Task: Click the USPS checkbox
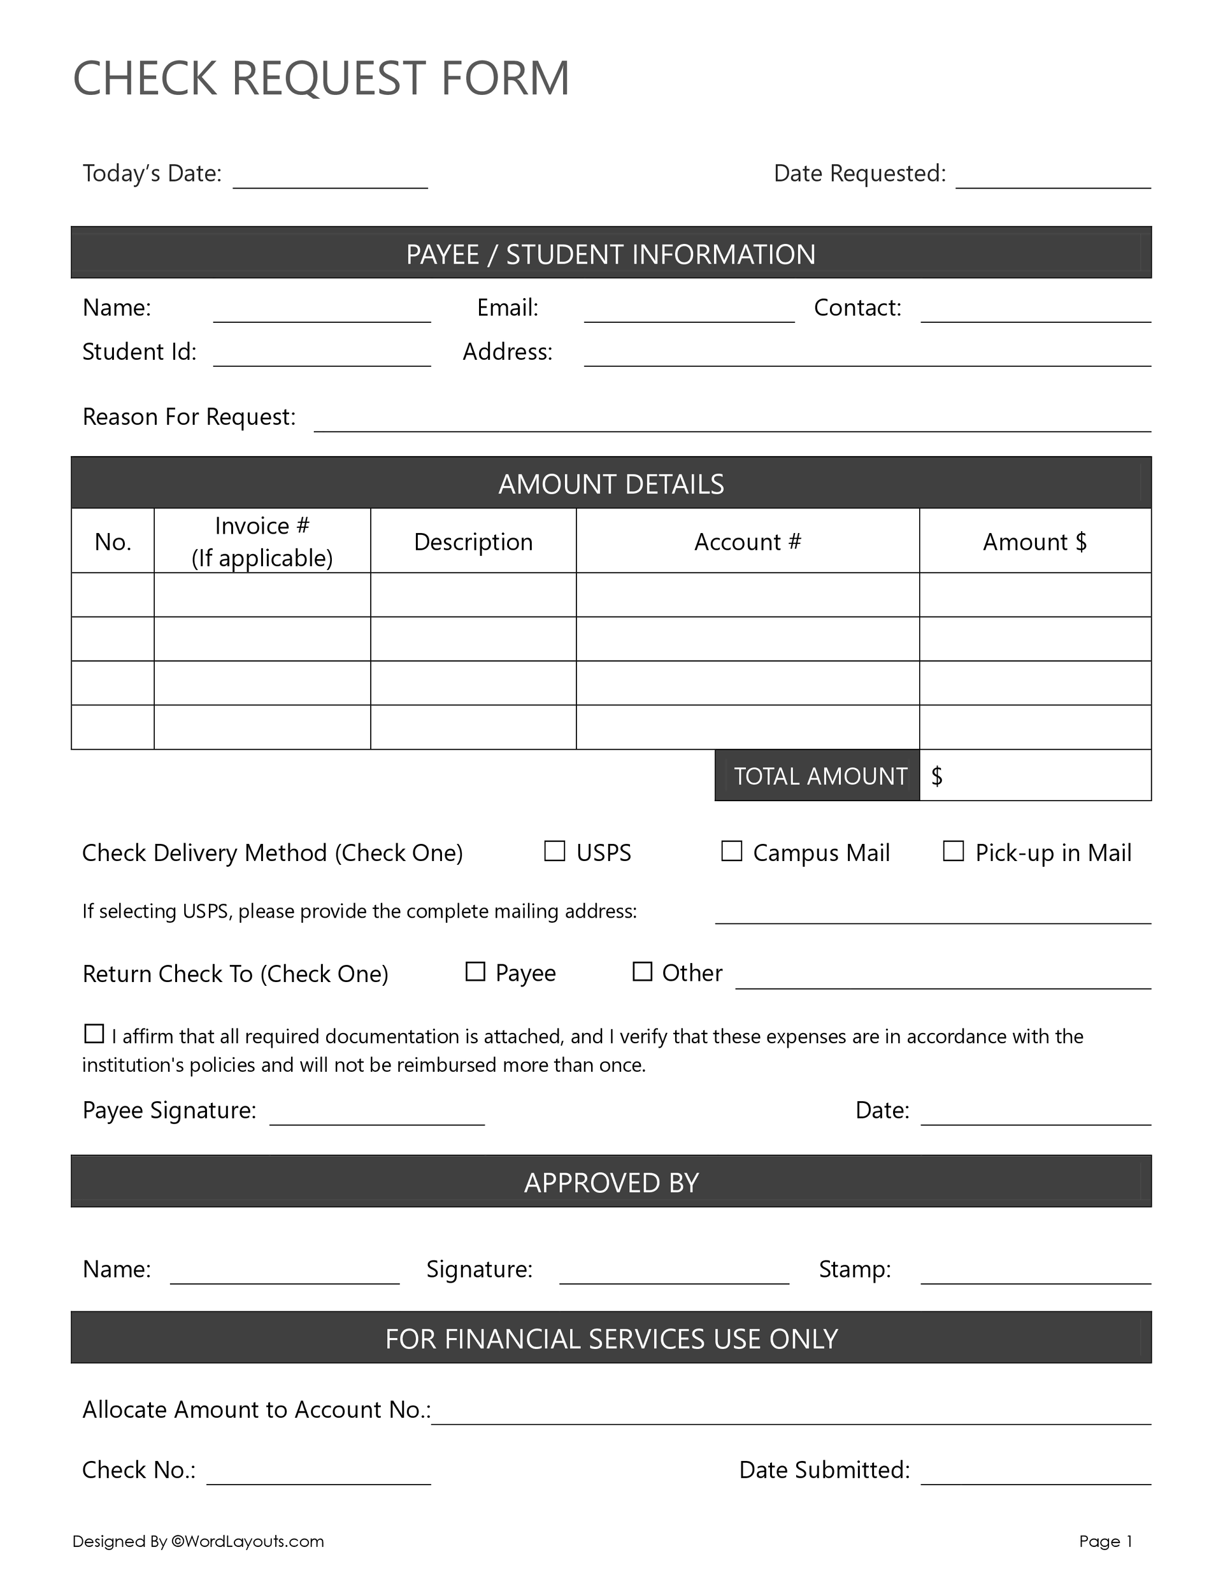tap(554, 850)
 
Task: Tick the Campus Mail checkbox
tap(732, 850)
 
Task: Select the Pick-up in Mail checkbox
tap(953, 850)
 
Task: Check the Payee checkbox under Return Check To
tap(475, 971)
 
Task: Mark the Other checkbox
tap(642, 971)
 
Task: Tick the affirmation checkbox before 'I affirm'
tap(94, 1034)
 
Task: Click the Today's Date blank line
tap(331, 181)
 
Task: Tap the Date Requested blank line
tap(1053, 181)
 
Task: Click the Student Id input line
tap(322, 359)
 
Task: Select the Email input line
tap(689, 315)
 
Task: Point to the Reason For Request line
tap(732, 424)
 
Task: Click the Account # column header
tap(747, 542)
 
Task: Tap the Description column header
tap(473, 542)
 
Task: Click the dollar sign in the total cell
tap(937, 776)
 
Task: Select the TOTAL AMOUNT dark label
tap(819, 776)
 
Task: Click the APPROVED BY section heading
tap(611, 1182)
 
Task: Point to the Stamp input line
tap(1035, 1277)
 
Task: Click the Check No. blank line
tap(318, 1478)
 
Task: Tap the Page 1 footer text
tap(1105, 1541)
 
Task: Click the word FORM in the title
tap(505, 78)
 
